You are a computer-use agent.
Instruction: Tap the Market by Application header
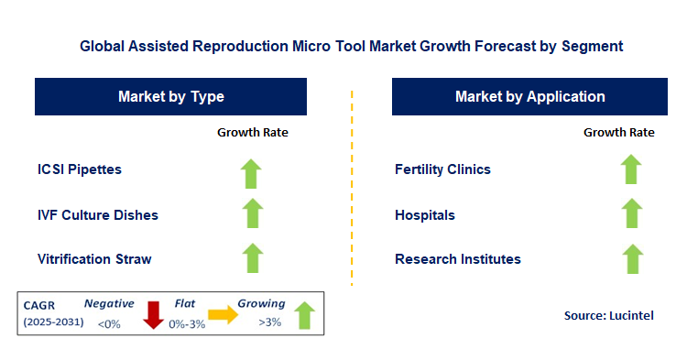coord(529,96)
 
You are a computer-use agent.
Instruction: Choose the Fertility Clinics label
coord(442,169)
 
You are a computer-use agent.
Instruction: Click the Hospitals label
coord(425,214)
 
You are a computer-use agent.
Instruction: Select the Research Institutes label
coord(457,259)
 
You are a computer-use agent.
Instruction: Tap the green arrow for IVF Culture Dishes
coord(252,213)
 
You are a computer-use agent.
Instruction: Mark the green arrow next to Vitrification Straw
coord(252,258)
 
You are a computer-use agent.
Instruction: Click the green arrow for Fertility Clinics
coord(630,169)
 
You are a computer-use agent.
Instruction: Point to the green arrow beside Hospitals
coord(630,213)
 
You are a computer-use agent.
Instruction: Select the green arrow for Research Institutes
coord(630,258)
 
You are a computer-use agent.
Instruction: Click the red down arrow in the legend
coord(154,315)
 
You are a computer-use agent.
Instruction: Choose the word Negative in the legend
coord(109,303)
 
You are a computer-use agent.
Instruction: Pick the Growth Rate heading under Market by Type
coord(252,133)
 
